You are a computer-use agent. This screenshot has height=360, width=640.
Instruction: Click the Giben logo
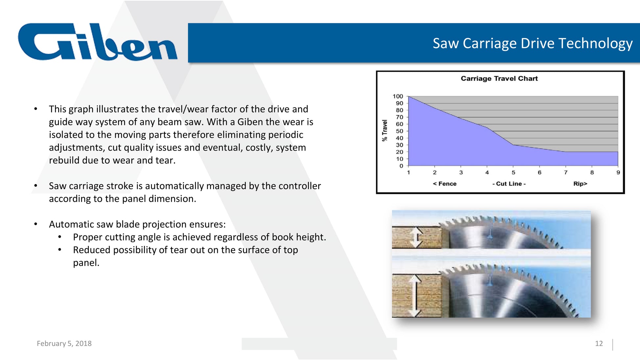tap(98, 42)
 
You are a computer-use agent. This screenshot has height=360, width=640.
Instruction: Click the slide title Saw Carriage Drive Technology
tap(532, 43)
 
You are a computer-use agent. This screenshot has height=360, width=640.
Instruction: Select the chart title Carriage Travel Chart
tap(499, 79)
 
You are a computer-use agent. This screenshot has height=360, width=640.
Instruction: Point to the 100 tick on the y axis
tap(398, 96)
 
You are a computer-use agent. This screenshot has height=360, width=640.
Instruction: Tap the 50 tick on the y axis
tap(399, 131)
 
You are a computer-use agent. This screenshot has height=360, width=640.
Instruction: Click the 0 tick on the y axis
tap(401, 166)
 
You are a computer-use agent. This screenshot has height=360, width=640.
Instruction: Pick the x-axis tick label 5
tap(513, 173)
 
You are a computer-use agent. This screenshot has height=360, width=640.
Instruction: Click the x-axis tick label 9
tap(618, 173)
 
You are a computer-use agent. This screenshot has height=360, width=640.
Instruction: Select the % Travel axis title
tap(384, 131)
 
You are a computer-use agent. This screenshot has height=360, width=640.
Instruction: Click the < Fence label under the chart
tap(445, 184)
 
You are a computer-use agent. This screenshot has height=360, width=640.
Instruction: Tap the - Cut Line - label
tap(509, 184)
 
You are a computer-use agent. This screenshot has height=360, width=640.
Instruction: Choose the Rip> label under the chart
tap(580, 184)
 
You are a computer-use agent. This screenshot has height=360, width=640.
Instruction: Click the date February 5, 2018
tap(64, 344)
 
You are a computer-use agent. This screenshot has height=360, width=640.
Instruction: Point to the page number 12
tap(599, 344)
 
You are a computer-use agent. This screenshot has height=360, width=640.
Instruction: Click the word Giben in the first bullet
tap(250, 122)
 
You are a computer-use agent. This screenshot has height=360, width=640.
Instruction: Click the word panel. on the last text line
tap(86, 263)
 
